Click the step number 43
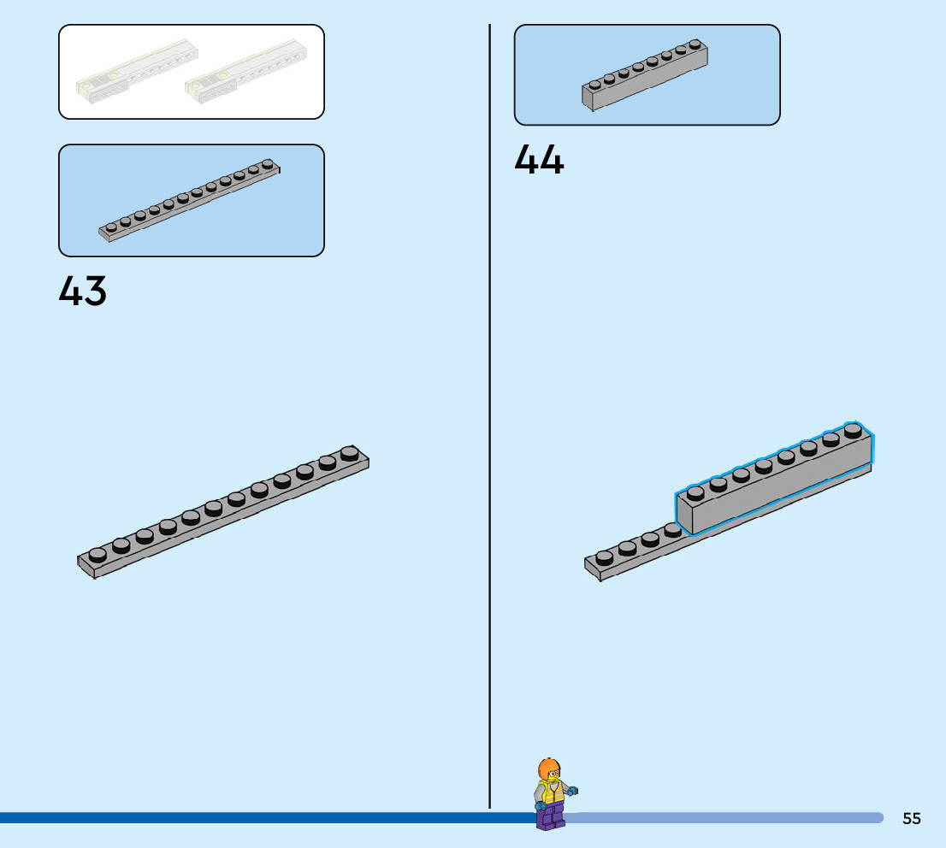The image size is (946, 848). pos(83,291)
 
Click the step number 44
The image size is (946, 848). pos(539,160)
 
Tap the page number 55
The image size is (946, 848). pos(912,818)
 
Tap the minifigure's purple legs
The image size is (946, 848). pos(550,816)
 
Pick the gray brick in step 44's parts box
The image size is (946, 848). pos(645,76)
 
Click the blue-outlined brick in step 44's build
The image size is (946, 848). pos(774,483)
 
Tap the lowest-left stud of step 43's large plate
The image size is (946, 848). pos(98,555)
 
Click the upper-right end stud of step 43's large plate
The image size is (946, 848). pos(349,452)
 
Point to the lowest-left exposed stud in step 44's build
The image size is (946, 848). pos(605,557)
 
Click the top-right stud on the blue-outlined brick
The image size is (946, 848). pos(853,430)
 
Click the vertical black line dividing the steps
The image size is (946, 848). pos(490,410)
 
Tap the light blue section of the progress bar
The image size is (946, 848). pos(727,818)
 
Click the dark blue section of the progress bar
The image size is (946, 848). pos(257,818)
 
